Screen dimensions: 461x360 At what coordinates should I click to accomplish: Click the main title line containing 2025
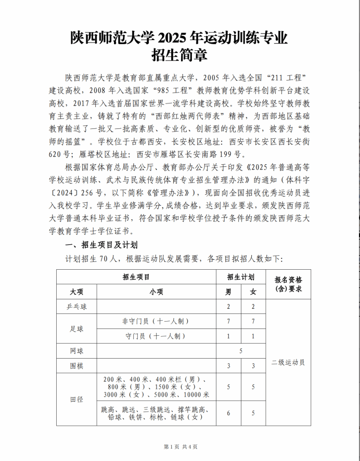pyautogui.click(x=179, y=38)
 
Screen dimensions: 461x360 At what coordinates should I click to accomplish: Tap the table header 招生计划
pyautogui.click(x=240, y=276)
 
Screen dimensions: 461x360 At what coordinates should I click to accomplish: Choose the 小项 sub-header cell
pyautogui.click(x=156, y=292)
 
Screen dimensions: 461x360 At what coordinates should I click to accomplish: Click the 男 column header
pyautogui.click(x=228, y=292)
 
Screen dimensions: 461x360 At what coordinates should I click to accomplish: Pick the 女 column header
pyautogui.click(x=253, y=292)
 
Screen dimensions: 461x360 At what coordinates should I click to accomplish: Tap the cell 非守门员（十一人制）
pyautogui.click(x=156, y=322)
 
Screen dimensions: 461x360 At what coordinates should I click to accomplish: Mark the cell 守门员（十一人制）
pyautogui.click(x=156, y=336)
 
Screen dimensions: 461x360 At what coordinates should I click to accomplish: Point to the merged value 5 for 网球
pyautogui.click(x=240, y=351)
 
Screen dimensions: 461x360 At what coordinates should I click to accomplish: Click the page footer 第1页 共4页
pyautogui.click(x=180, y=446)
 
